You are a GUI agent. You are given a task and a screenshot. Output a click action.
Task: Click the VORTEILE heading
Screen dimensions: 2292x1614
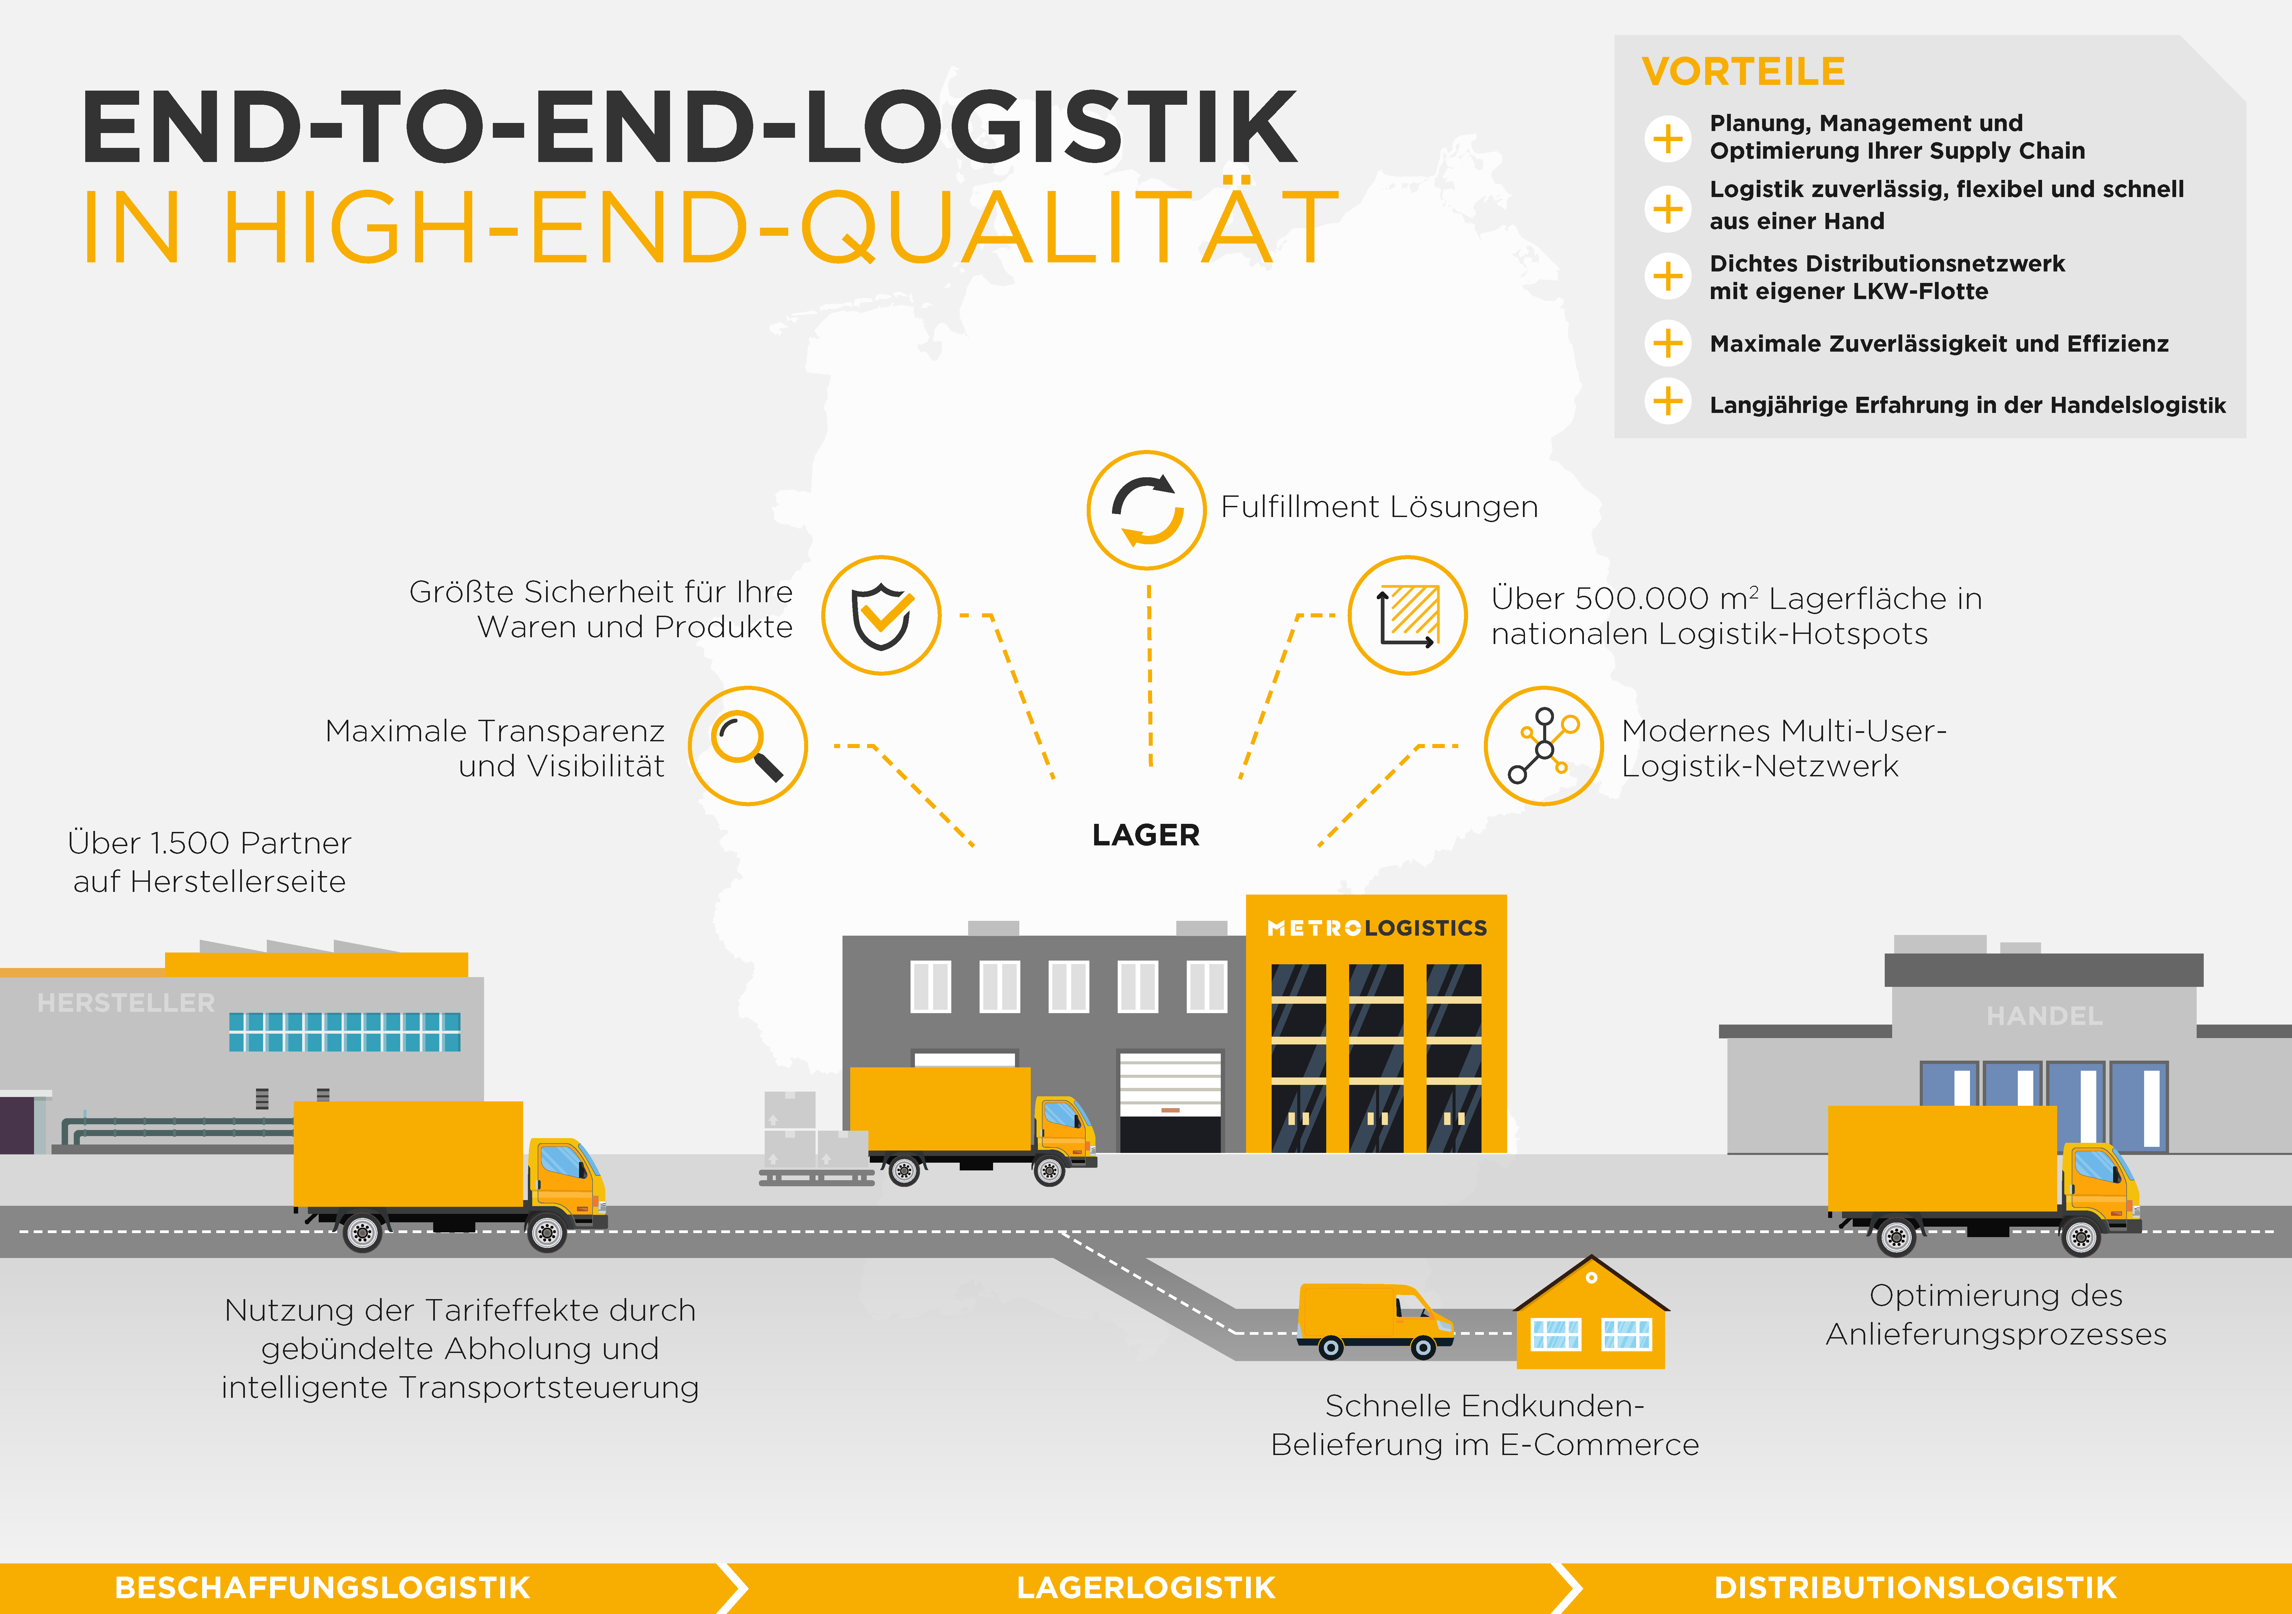(x=1743, y=72)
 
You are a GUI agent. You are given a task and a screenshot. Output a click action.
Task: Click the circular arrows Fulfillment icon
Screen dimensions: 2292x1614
(x=1147, y=510)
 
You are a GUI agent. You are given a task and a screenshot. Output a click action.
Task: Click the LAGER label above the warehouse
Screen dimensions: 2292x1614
(x=1146, y=834)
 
